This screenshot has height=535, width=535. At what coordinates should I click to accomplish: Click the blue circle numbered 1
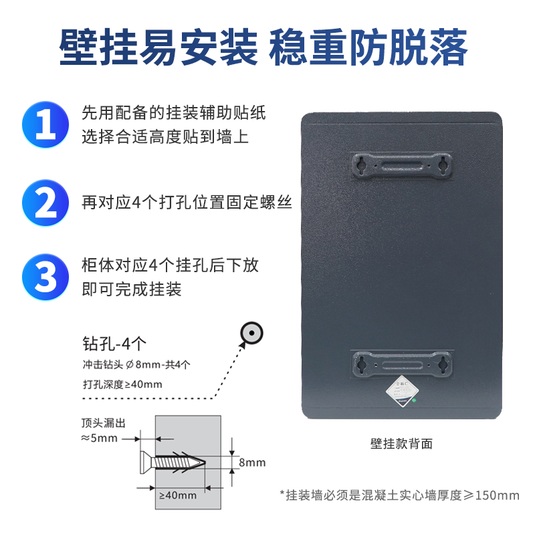[45, 124]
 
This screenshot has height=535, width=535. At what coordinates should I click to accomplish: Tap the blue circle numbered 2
[45, 203]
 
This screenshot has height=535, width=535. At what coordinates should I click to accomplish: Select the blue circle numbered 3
[45, 277]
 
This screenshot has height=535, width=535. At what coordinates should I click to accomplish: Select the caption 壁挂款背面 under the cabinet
[402, 443]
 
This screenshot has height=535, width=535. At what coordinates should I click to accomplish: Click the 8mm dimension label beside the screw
[252, 462]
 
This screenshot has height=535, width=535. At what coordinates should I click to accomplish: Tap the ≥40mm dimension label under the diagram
[177, 496]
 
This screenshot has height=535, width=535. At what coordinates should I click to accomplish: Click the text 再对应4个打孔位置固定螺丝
[187, 203]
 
